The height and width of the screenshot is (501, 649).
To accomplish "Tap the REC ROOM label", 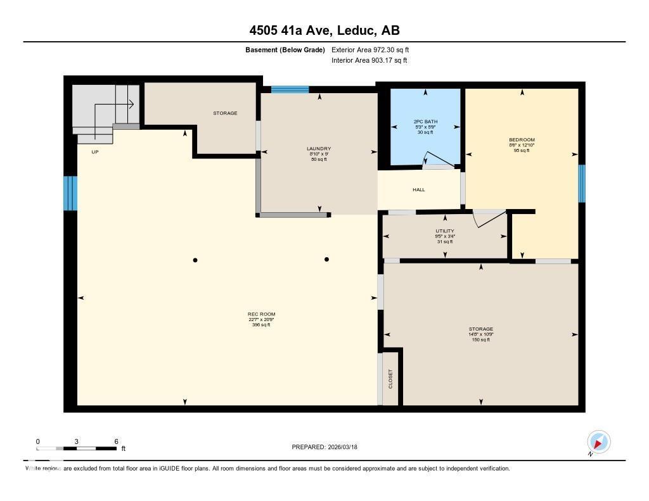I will [261, 314].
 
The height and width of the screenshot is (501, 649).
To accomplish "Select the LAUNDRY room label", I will [319, 149].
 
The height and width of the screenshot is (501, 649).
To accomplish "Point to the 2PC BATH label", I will [425, 122].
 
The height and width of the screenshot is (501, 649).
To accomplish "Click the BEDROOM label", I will [522, 140].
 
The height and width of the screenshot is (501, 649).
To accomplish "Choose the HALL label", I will [419, 189].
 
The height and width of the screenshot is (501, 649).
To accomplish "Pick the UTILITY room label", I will [444, 231].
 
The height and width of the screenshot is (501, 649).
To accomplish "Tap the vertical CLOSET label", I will [390, 379].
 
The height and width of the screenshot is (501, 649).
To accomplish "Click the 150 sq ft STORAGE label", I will [480, 329].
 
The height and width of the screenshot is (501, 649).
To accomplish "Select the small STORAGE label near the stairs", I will [225, 113].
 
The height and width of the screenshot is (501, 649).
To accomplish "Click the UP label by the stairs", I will [95, 152].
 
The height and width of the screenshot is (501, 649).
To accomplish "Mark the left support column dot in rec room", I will [195, 260].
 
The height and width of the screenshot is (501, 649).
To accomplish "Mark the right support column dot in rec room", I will [326, 259].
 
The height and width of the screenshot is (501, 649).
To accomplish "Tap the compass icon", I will [598, 441].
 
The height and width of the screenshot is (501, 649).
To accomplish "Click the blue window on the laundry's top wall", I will [290, 89].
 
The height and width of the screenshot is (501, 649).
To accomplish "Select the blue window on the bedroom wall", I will [581, 184].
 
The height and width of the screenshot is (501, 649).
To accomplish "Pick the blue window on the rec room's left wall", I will [70, 193].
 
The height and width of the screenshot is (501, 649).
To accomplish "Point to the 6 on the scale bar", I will [116, 441].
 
